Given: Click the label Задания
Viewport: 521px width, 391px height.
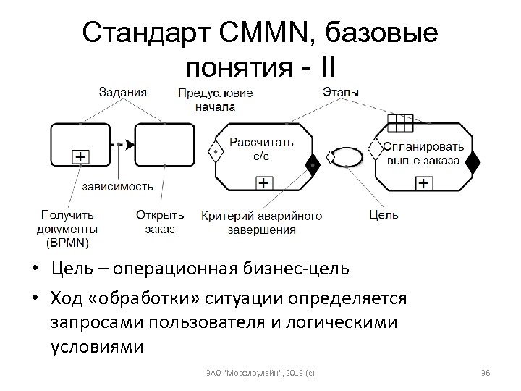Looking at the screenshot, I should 123,92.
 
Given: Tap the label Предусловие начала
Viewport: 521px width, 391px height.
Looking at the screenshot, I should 215,100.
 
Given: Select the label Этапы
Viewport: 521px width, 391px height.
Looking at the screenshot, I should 340,92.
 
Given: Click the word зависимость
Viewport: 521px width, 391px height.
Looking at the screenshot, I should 117,186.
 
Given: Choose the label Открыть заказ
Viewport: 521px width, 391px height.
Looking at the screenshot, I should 160,222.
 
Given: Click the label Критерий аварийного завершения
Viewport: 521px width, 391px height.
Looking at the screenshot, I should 261,222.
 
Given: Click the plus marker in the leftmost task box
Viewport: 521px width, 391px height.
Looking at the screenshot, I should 80,156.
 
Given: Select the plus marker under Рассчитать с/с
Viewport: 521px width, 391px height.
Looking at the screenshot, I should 265,183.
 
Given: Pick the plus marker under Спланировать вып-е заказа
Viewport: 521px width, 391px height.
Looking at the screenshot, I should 422,183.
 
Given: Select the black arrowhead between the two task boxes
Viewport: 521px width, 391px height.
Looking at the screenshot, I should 130,145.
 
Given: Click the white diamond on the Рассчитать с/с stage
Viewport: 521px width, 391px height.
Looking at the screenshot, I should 214,153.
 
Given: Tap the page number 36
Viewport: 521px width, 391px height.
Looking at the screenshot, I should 486,372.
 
